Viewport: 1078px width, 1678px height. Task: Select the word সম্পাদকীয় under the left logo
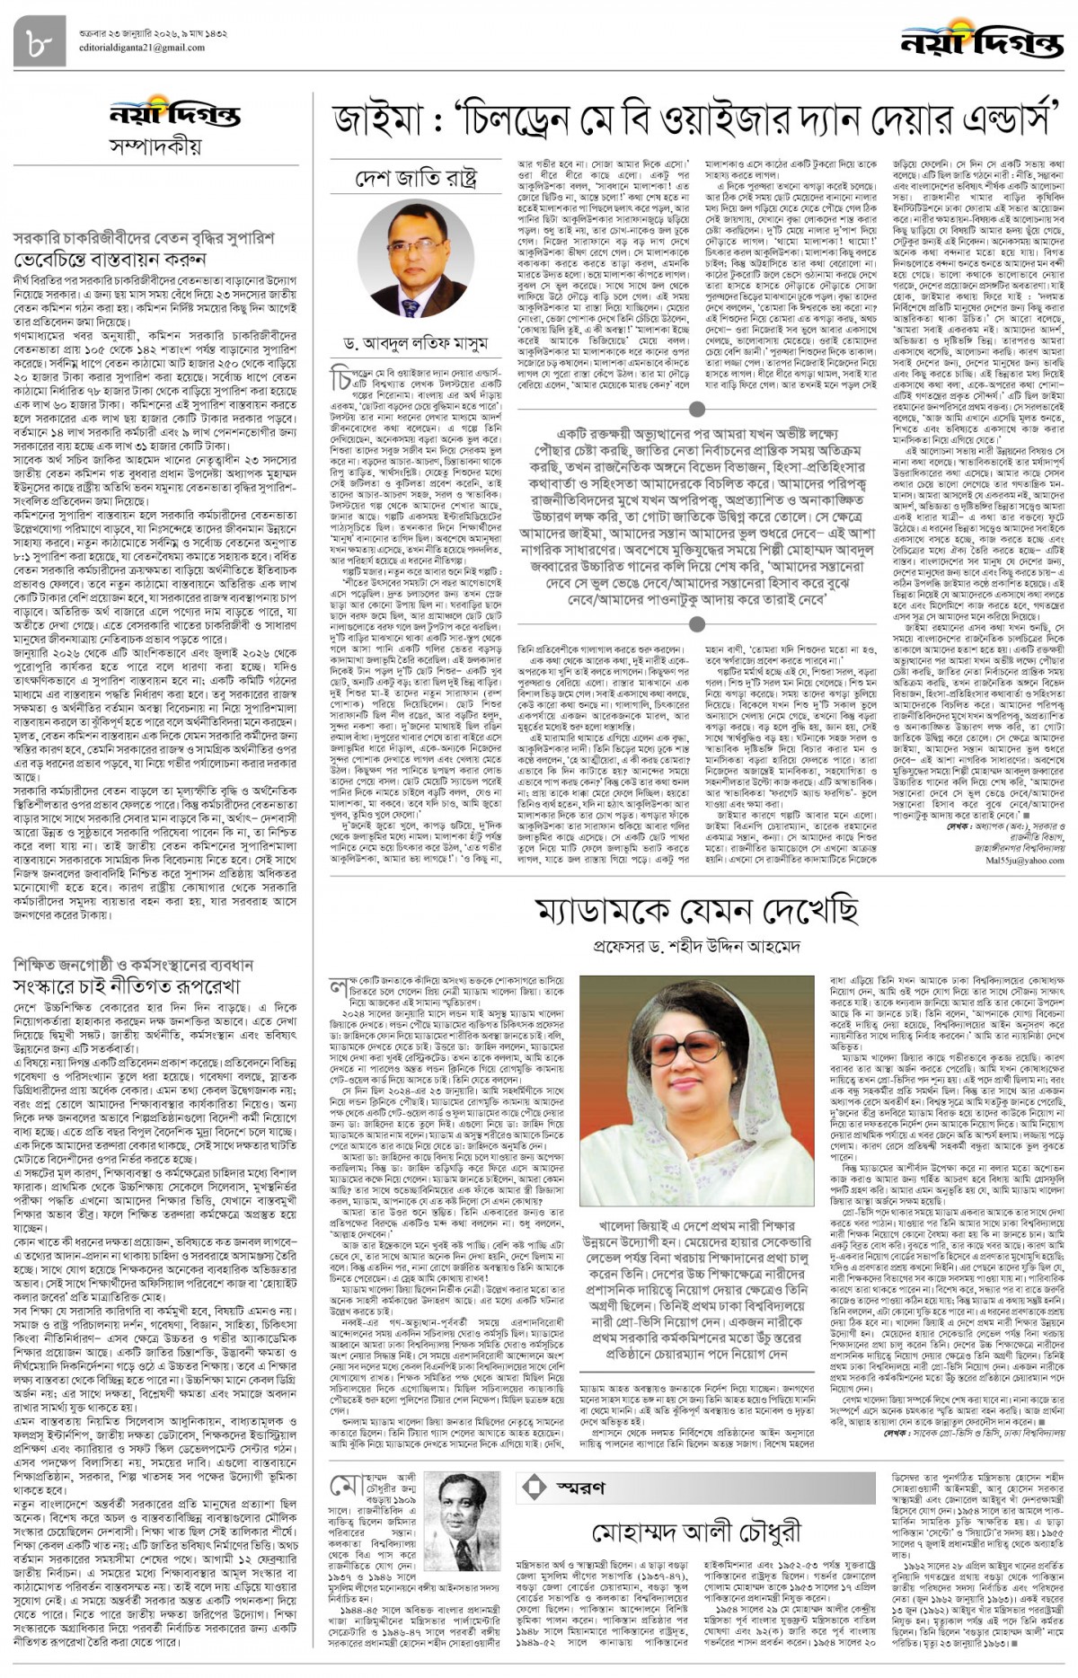pyautogui.click(x=155, y=146)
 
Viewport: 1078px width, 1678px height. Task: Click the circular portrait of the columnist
pyautogui.click(x=416, y=254)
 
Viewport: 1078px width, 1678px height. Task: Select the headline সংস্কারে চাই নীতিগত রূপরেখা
pyautogui.click(x=139, y=985)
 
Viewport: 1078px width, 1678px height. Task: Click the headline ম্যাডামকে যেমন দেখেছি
pyautogui.click(x=696, y=910)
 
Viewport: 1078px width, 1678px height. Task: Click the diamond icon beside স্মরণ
pyautogui.click(x=535, y=1488)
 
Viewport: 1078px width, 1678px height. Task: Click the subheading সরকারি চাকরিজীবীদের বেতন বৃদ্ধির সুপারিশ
pyautogui.click(x=144, y=239)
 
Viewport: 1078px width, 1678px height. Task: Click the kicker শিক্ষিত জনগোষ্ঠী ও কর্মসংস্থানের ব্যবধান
pyautogui.click(x=134, y=964)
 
